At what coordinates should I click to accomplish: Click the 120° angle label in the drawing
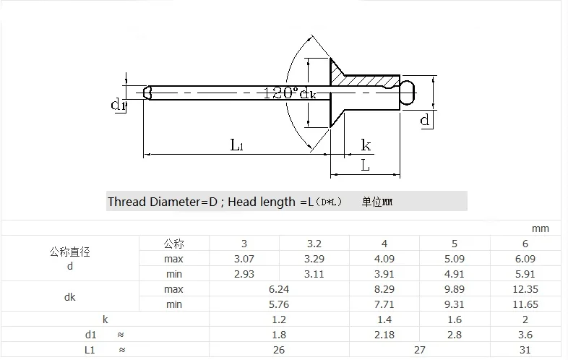point(280,93)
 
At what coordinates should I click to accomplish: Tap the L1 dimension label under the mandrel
point(237,145)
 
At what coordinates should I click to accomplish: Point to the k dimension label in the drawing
point(366,145)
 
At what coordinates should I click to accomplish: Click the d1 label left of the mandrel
point(119,105)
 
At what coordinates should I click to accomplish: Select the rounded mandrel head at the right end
point(408,93)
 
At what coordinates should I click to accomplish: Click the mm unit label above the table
point(540,228)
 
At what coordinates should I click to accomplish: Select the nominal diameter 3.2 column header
point(314,244)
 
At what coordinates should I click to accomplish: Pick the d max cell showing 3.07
point(244,259)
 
